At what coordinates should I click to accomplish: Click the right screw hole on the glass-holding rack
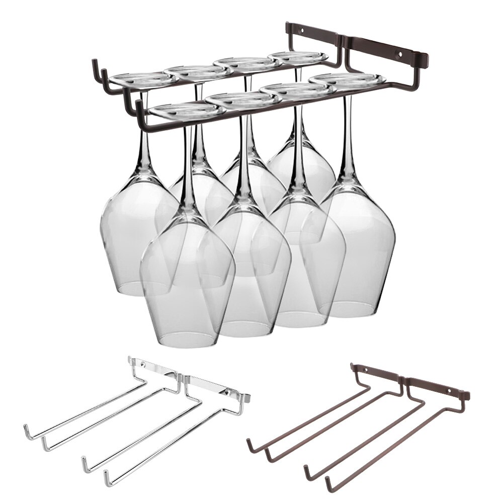tap(401, 53)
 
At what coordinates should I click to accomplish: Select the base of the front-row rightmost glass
tap(347, 79)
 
